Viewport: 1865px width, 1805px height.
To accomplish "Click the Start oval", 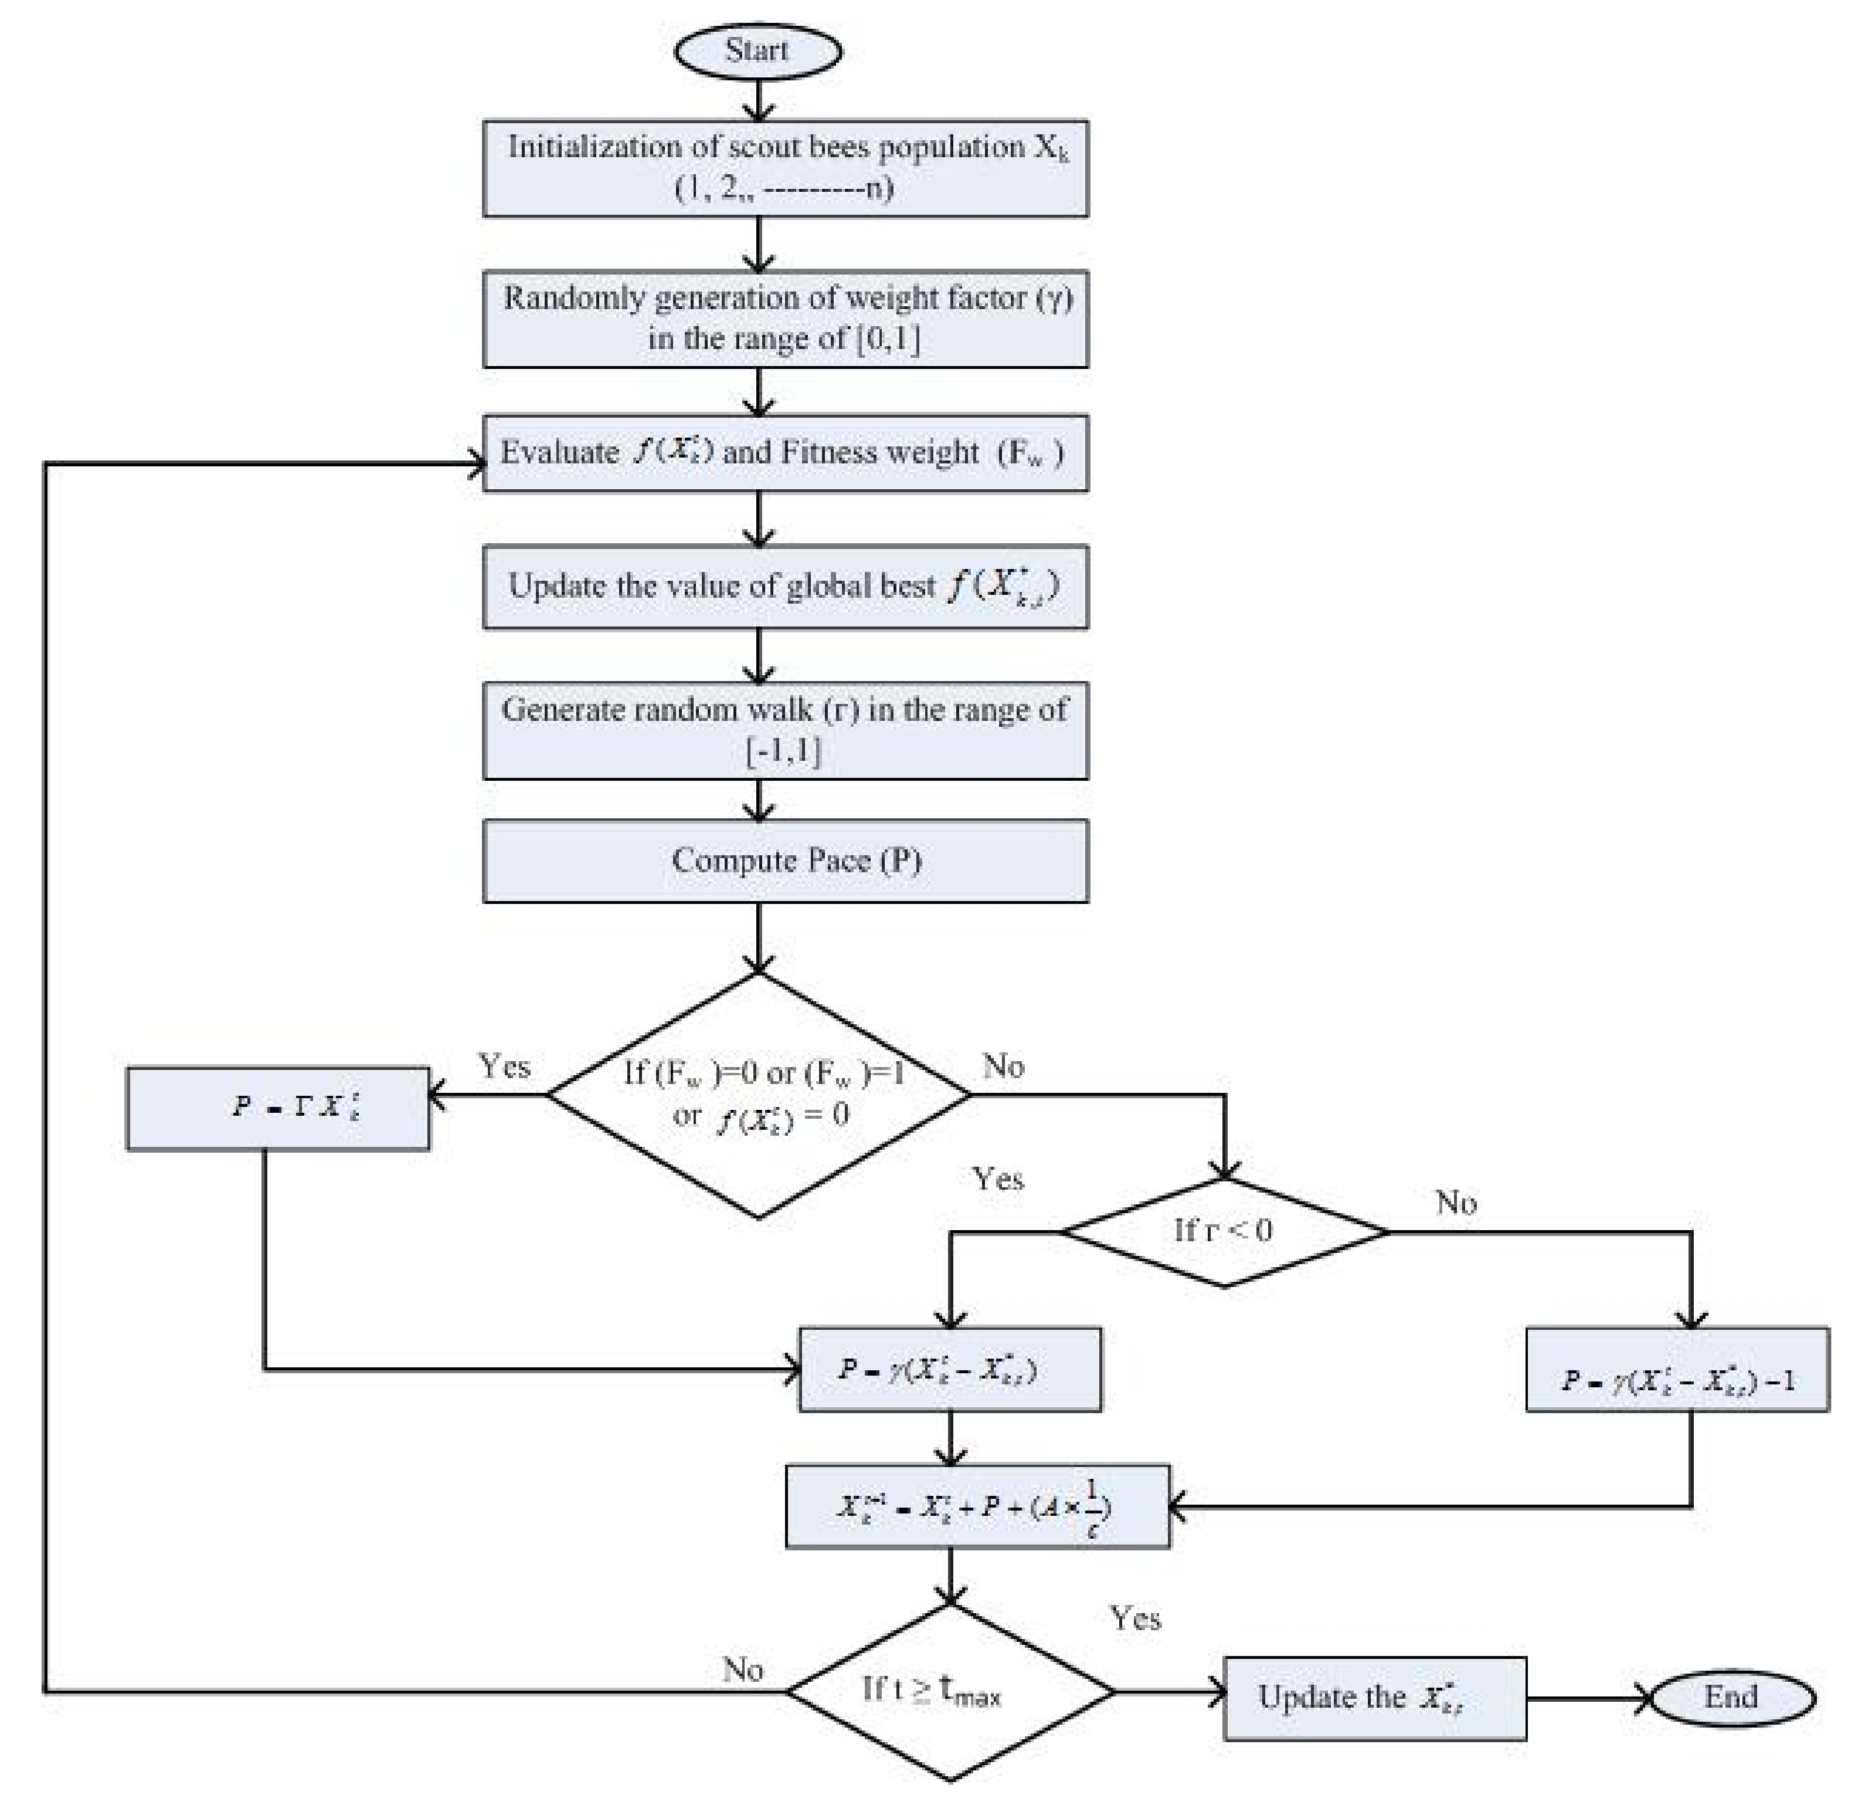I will [757, 50].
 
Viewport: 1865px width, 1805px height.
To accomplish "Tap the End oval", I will [1731, 1698].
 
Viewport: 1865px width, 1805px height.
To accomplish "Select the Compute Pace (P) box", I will [785, 861].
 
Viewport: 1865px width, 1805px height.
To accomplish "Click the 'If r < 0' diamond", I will [1224, 1232].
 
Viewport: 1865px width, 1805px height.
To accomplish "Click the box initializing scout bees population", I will [785, 168].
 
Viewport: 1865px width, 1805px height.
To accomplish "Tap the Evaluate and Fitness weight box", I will [785, 452].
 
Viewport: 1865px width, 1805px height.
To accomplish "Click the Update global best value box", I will [785, 587].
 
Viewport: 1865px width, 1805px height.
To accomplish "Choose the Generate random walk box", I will [785, 730].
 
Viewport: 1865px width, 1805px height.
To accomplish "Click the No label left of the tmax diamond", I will [742, 1670].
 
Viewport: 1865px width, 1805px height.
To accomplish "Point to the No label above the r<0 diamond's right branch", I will [1456, 1203].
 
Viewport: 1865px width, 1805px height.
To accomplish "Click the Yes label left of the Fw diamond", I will [504, 1066].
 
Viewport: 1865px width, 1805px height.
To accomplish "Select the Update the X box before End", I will [1374, 1698].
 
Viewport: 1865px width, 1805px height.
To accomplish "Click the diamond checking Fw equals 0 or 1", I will [758, 1095].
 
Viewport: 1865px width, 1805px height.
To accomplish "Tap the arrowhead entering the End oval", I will [1644, 1698].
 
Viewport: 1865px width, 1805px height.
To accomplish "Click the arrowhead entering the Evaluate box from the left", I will [475, 465].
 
